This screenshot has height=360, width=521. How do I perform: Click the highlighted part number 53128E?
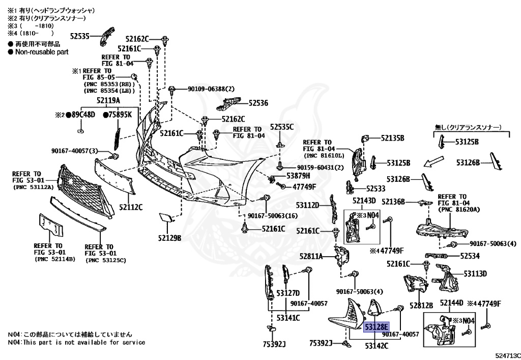pyautogui.click(x=376, y=327)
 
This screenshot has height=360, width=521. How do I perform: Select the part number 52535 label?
pyautogui.click(x=80, y=36)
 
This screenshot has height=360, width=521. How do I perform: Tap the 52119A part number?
pyautogui.click(x=108, y=100)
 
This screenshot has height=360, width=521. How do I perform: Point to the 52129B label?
pyautogui.click(x=170, y=238)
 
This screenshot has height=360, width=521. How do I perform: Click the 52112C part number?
pyautogui.click(x=131, y=207)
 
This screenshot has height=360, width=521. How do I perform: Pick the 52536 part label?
pyautogui.click(x=258, y=103)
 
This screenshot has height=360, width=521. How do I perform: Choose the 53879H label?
pyautogui.click(x=298, y=176)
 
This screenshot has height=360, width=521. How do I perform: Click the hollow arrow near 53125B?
pyautogui.click(x=433, y=161)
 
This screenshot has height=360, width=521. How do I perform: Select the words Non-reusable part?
pyautogui.click(x=42, y=52)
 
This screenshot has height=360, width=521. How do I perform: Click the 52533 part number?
pyautogui.click(x=376, y=188)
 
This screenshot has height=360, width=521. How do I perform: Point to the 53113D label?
pyautogui.click(x=476, y=273)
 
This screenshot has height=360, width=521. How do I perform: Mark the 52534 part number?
pyautogui.click(x=470, y=256)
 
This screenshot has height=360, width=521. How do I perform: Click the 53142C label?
pyautogui.click(x=377, y=346)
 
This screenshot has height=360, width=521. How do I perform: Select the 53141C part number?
pyautogui.click(x=288, y=318)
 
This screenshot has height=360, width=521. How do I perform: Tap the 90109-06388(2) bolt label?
pyautogui.click(x=211, y=89)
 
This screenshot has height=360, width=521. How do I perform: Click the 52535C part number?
pyautogui.click(x=282, y=127)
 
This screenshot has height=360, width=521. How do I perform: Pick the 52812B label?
pyautogui.click(x=421, y=305)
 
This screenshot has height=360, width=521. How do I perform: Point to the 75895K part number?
pyautogui.click(x=118, y=115)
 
